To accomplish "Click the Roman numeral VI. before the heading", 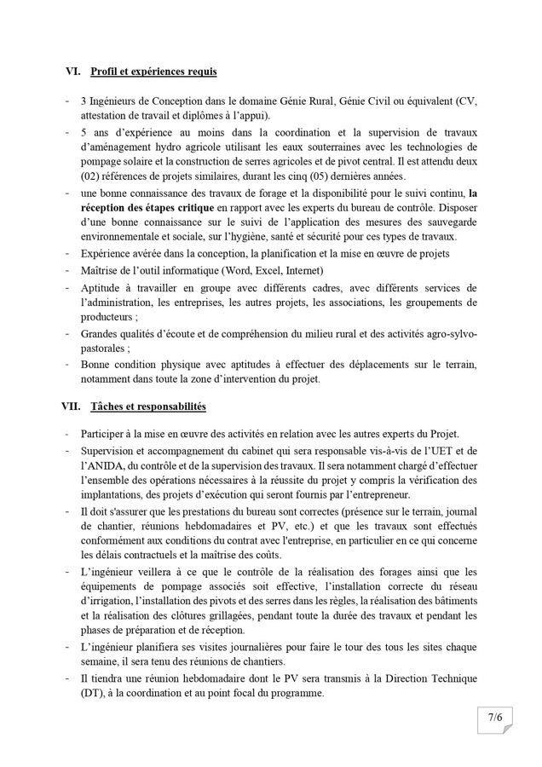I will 72,72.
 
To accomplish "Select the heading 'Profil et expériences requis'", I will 153,72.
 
